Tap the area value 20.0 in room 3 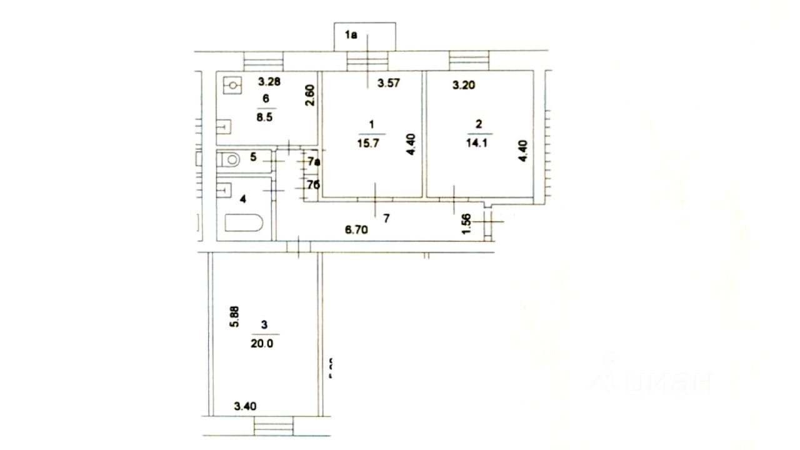pyautogui.click(x=265, y=342)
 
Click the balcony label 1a pyautogui.click(x=351, y=36)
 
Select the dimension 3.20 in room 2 pyautogui.click(x=464, y=85)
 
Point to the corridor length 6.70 pyautogui.click(x=357, y=229)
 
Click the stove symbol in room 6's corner pyautogui.click(x=232, y=84)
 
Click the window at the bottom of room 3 pyautogui.click(x=274, y=427)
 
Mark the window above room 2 pyautogui.click(x=469, y=61)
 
